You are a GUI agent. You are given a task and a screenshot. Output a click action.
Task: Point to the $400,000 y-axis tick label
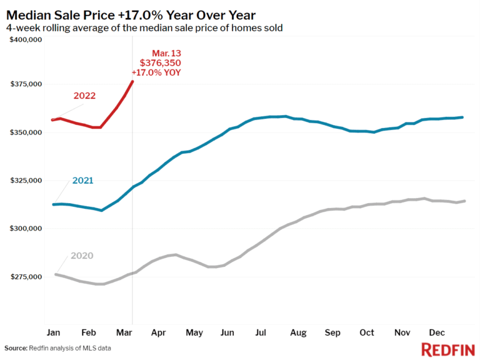[25, 40]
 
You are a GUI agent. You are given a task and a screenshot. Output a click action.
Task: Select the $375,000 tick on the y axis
[25, 84]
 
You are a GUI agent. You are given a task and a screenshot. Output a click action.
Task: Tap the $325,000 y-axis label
[25, 181]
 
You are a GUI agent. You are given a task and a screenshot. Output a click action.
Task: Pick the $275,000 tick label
[25, 277]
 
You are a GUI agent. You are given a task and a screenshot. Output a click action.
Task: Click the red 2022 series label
[84, 96]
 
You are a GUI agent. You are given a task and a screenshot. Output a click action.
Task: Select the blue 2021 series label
[82, 181]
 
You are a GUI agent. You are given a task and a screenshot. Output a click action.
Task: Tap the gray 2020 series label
[82, 256]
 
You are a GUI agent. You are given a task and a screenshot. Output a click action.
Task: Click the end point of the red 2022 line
[132, 81]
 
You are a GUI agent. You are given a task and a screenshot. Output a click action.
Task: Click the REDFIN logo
[446, 349]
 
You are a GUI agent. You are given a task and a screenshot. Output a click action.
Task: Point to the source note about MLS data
[62, 348]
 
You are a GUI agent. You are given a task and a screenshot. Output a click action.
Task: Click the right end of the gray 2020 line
[465, 201]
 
